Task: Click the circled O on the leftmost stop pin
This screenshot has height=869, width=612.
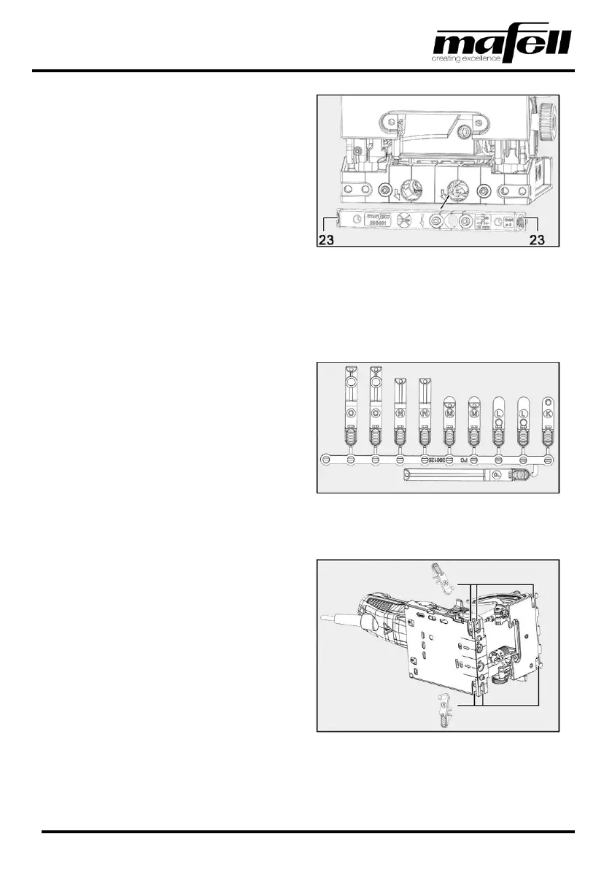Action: point(349,413)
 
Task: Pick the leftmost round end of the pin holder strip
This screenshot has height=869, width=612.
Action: point(326,460)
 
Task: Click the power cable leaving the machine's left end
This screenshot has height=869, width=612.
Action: point(339,617)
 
